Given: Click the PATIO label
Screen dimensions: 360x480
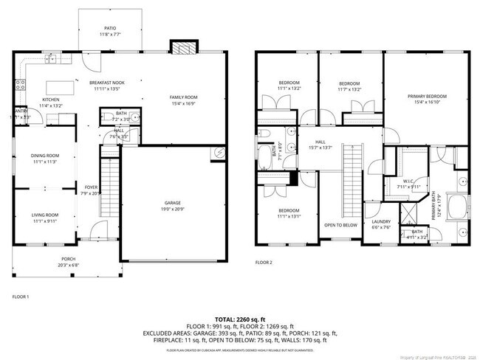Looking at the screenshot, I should click(109, 27).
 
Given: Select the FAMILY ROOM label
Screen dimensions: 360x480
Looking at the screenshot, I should click(183, 98).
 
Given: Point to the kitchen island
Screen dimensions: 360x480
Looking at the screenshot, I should click(62, 86).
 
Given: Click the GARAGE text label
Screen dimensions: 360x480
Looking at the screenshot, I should click(171, 203).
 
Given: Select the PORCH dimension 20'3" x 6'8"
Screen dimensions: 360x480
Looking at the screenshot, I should click(68, 266).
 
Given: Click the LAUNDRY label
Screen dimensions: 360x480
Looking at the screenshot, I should click(381, 221).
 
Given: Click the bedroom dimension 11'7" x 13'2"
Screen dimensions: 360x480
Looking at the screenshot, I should click(349, 89).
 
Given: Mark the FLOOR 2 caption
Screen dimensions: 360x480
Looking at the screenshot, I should click(264, 263).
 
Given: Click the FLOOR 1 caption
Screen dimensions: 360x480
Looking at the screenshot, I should click(21, 297).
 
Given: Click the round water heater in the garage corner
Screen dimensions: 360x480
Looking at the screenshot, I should click(219, 153).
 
